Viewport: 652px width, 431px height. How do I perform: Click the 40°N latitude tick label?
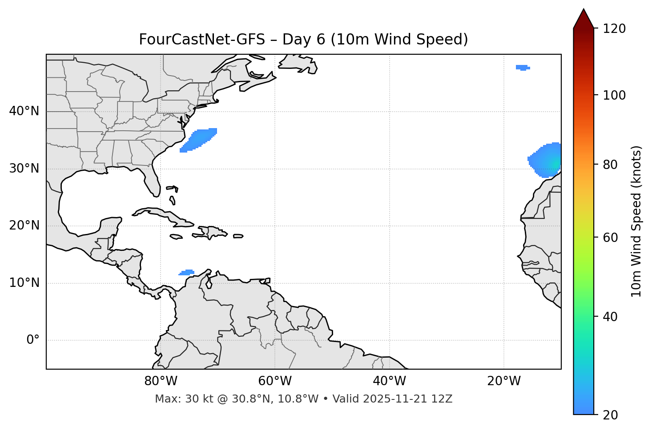point(24,111)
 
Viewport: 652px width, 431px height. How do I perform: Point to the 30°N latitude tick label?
point(24,169)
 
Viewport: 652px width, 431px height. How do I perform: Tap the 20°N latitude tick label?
point(24,226)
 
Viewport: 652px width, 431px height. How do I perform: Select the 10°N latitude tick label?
point(24,283)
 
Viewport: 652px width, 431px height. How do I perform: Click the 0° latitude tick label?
point(33,340)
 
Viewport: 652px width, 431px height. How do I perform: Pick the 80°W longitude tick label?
point(161,381)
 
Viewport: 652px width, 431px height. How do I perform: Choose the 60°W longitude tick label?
point(275,381)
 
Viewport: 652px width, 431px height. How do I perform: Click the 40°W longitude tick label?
point(389,381)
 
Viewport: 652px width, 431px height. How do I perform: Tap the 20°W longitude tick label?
point(504,381)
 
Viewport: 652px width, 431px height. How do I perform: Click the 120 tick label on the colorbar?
point(614,29)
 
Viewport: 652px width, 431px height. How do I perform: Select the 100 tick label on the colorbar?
point(614,95)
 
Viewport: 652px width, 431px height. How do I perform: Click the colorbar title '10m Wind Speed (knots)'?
point(636,221)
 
